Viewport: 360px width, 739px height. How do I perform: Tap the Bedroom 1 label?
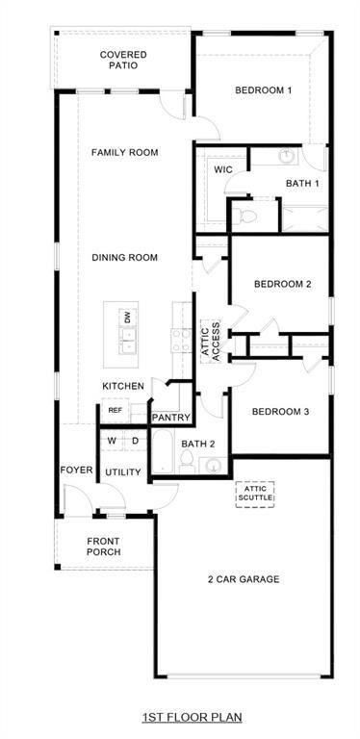(x=263, y=90)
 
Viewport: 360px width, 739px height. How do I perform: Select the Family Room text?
(x=124, y=152)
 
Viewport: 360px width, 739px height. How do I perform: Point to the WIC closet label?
(x=223, y=169)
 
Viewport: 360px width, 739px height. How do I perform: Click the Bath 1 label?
(x=302, y=183)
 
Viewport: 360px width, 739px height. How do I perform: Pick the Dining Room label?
(x=124, y=257)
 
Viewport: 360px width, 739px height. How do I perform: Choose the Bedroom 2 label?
(x=282, y=284)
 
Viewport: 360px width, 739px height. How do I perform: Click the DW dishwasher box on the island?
(x=126, y=317)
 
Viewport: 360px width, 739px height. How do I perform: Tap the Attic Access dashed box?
(x=211, y=340)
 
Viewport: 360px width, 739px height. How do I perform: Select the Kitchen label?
(x=123, y=386)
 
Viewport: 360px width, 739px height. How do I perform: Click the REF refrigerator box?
(x=115, y=411)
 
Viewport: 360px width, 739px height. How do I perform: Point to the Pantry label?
(x=171, y=417)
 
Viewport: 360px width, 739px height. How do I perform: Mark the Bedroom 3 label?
(x=280, y=412)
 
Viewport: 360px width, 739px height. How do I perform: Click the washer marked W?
(x=113, y=441)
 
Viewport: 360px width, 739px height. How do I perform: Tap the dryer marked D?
(x=135, y=441)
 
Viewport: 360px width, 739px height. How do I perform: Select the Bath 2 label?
(x=198, y=444)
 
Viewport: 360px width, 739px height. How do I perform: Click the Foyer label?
(x=76, y=471)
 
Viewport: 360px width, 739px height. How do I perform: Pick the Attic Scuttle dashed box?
(x=255, y=494)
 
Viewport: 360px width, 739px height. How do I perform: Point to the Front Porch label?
(x=103, y=547)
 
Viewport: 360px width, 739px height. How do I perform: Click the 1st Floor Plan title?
(x=192, y=717)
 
